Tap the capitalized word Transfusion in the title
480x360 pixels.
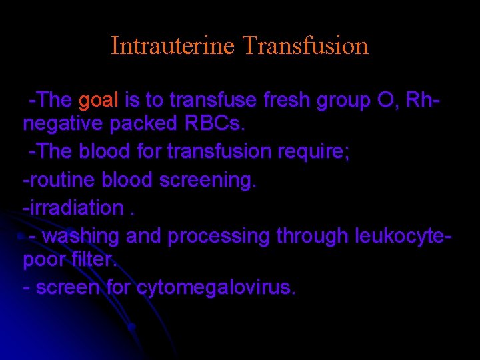click(306, 46)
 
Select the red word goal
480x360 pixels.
click(98, 101)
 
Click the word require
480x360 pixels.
click(315, 152)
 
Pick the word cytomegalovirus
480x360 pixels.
click(215, 287)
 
